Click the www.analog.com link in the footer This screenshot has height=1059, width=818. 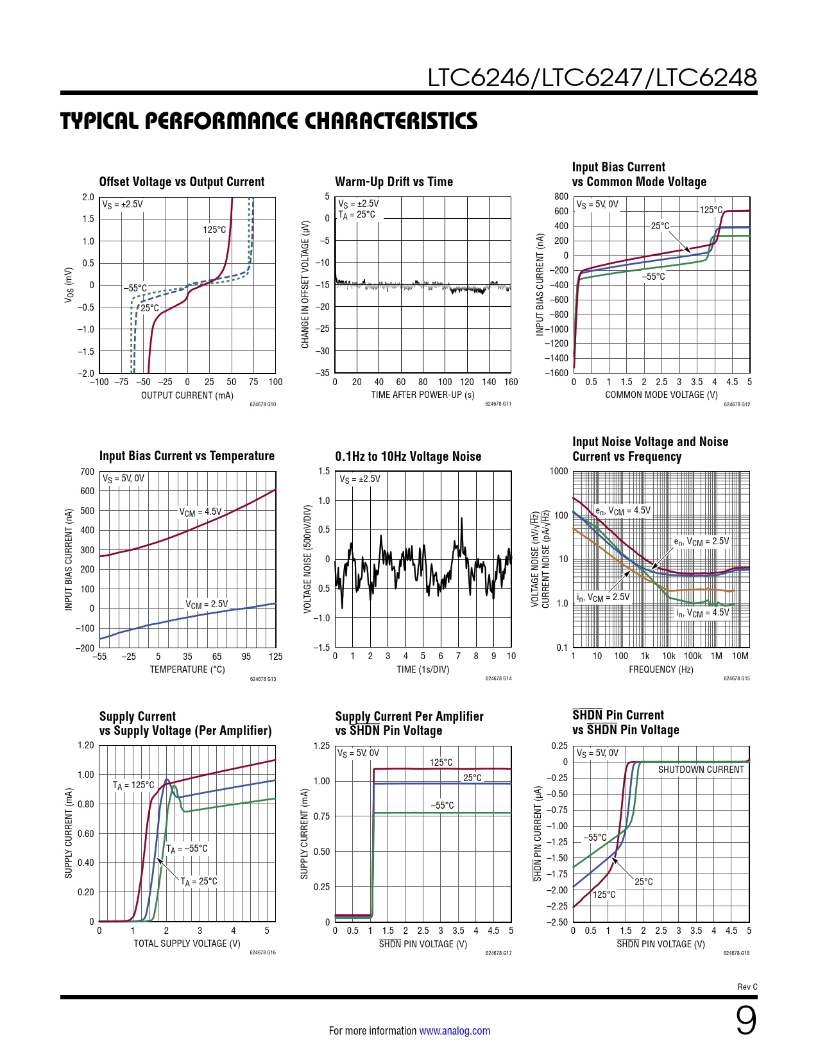454,1031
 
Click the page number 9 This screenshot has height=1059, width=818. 746,1020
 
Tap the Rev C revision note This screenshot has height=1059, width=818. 747,987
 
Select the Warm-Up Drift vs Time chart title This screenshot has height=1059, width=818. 394,182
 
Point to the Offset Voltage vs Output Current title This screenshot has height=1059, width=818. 182,182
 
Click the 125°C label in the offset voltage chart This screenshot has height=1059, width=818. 214,230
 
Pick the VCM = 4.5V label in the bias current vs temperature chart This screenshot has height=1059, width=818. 200,512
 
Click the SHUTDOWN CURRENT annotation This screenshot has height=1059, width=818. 701,770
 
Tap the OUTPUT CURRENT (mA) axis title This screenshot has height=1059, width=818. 187,395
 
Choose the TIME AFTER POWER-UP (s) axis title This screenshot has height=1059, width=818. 423,395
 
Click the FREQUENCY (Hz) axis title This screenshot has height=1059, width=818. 661,669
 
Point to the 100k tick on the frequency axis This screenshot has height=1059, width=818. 692,656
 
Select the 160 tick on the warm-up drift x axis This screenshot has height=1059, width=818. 511,382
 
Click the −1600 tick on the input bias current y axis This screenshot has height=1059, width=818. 556,373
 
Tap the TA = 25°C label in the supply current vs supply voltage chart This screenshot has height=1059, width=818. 199,882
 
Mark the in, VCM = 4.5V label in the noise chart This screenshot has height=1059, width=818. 703,613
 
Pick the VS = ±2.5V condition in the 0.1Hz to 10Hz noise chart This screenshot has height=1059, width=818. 360,479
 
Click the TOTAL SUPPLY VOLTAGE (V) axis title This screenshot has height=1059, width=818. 187,943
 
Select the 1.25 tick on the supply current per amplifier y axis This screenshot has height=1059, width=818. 321,746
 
